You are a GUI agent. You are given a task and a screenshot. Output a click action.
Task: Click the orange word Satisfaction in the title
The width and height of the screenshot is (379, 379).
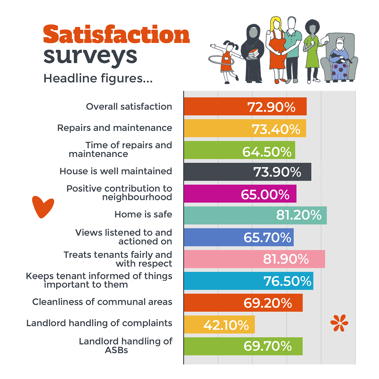click(x=116, y=35)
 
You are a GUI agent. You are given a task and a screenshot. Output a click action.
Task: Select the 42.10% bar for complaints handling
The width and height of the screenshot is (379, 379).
click(x=219, y=325)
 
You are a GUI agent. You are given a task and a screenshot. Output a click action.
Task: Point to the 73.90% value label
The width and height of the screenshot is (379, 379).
click(x=277, y=172)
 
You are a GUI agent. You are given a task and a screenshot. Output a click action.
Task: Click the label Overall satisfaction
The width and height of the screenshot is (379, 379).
click(x=129, y=106)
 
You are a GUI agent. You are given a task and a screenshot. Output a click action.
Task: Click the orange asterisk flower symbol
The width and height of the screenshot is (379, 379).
click(x=339, y=323)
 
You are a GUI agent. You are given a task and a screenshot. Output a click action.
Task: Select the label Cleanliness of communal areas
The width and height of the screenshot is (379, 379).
click(x=102, y=302)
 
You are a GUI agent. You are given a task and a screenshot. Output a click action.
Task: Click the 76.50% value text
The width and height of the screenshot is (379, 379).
click(x=287, y=281)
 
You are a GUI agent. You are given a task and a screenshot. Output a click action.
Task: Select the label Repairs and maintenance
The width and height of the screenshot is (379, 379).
click(x=115, y=128)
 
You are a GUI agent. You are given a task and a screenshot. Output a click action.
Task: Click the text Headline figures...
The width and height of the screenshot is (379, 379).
click(x=98, y=78)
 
